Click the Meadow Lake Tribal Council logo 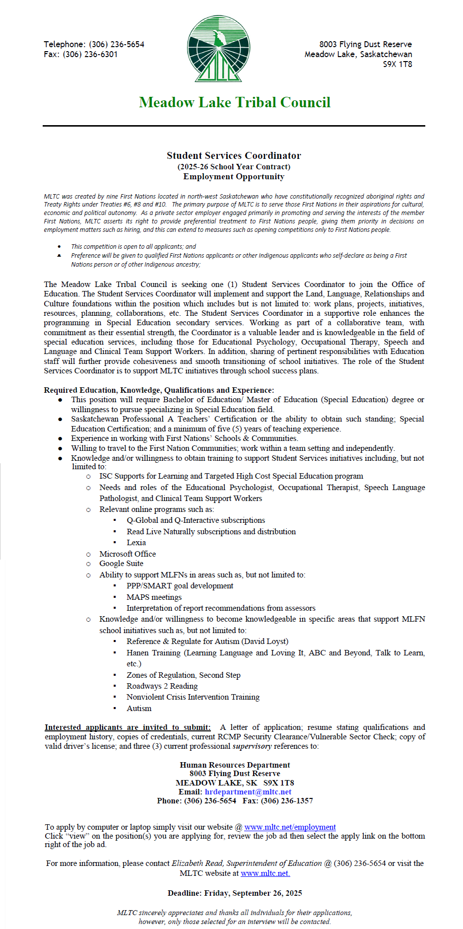pos(218,48)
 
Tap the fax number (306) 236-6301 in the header pos(90,54)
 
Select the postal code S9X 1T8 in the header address pos(397,64)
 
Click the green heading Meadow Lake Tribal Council pos(234,102)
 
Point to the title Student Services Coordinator pos(234,155)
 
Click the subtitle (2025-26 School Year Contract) pos(234,167)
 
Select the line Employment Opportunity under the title pos(234,177)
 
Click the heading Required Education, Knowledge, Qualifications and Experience pos(159,390)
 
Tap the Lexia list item pos(136,543)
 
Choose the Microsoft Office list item pos(128,554)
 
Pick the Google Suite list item pos(121,564)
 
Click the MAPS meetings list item pos(154,597)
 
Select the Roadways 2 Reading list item pos(162,686)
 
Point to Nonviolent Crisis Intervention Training pos(193,697)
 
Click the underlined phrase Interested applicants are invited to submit pos(128,727)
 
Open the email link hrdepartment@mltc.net pos(248,792)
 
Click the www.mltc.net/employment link pos(290,827)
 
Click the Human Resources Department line pos(235,765)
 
